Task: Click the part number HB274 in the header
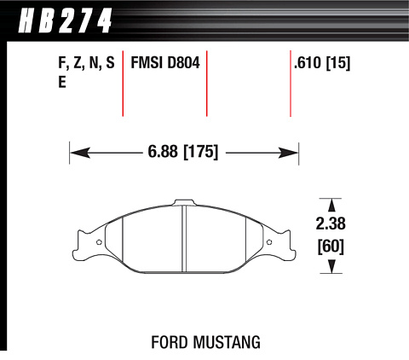[x=65, y=20]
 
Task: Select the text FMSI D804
[x=165, y=62]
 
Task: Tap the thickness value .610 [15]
[x=322, y=63]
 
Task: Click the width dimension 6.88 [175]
[x=183, y=152]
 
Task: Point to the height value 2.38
[x=331, y=224]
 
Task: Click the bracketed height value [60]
[x=331, y=247]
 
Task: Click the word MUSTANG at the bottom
[x=227, y=342]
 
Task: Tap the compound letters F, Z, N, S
[x=86, y=63]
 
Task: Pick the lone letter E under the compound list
[x=62, y=83]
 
